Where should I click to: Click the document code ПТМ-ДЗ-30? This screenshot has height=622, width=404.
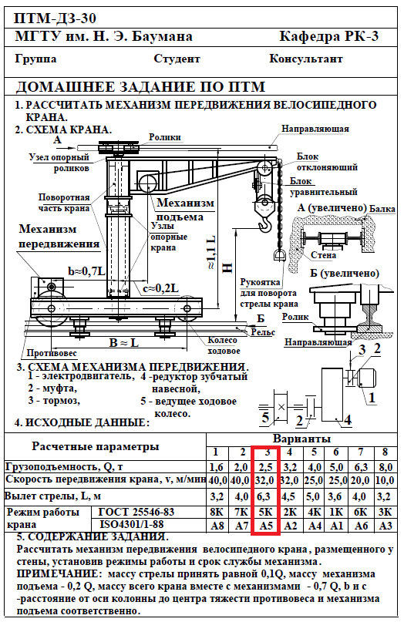tap(55, 18)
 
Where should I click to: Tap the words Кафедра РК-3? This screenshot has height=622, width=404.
tap(329, 36)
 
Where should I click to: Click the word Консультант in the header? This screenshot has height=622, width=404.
tap(306, 59)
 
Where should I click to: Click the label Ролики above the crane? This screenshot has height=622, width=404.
tap(165, 137)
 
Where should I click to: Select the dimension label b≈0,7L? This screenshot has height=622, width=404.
tap(87, 271)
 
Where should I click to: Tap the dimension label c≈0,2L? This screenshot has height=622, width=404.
tap(160, 288)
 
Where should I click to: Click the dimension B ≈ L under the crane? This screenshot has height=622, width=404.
tap(124, 342)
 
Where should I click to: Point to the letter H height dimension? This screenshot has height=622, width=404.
tap(227, 268)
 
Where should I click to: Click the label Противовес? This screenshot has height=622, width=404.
tap(52, 353)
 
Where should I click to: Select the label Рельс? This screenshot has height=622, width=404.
tap(263, 332)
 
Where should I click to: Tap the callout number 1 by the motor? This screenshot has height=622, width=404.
tap(372, 397)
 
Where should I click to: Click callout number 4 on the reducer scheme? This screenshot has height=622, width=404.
tap(348, 420)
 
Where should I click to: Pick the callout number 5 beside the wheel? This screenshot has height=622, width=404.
tap(265, 418)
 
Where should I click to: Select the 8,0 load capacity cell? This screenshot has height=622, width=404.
tap(385, 467)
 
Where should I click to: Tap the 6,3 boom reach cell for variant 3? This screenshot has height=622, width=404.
tap(265, 496)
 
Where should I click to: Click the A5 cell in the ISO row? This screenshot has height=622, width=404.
tap(266, 526)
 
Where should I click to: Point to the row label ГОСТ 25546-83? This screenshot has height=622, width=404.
tap(136, 512)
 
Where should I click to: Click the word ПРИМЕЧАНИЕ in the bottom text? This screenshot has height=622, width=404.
tap(57, 574)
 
